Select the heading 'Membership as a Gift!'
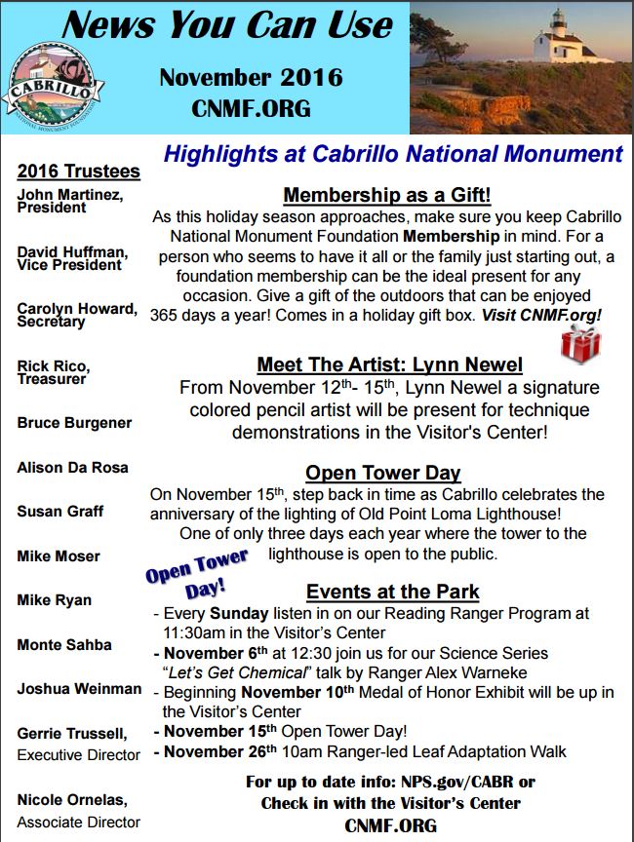click(x=387, y=196)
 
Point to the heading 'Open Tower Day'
click(x=382, y=474)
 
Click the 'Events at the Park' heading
click(x=392, y=592)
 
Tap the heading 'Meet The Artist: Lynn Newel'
click(x=389, y=364)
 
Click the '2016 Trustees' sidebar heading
click(x=79, y=172)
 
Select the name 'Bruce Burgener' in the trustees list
click(x=74, y=423)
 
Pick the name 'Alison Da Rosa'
click(x=72, y=468)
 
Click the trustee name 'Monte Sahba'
click(x=64, y=644)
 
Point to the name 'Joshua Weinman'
click(x=79, y=688)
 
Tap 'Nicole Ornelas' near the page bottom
click(x=72, y=799)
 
